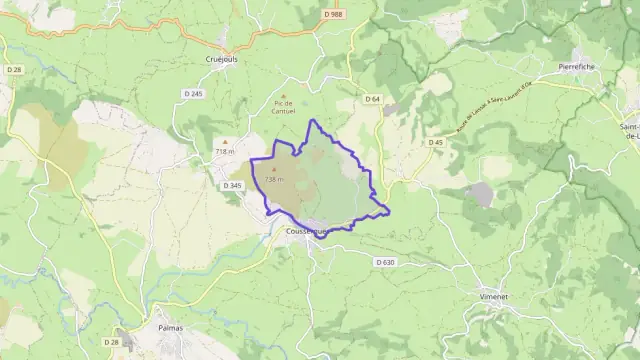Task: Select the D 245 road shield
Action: point(193,94)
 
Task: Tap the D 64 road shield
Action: point(372,98)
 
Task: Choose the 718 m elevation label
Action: point(224,150)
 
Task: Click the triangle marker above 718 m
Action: point(224,141)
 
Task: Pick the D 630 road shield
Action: point(386,262)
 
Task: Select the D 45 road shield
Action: point(436,142)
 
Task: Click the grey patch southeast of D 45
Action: point(481,194)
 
